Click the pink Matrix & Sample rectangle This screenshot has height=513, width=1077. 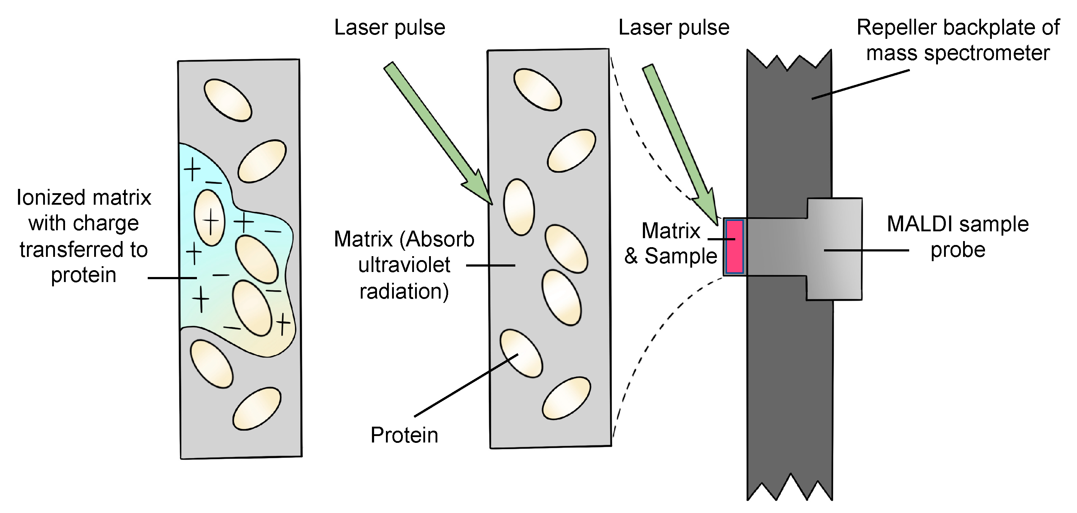(x=734, y=246)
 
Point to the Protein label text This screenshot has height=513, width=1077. (x=404, y=435)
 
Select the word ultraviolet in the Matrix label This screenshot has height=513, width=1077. (x=404, y=265)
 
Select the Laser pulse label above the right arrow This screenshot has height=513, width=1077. (x=673, y=28)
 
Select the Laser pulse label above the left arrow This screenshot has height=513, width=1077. (x=389, y=28)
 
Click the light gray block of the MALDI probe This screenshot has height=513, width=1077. (x=834, y=249)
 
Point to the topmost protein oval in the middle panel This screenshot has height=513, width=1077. (x=537, y=90)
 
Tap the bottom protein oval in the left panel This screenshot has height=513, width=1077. (x=257, y=408)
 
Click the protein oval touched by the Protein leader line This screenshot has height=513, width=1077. (x=521, y=354)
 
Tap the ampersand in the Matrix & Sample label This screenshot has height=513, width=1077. (x=631, y=256)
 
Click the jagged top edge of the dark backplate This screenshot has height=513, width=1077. (x=788, y=61)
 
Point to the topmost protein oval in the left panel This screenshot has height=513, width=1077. (x=227, y=100)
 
